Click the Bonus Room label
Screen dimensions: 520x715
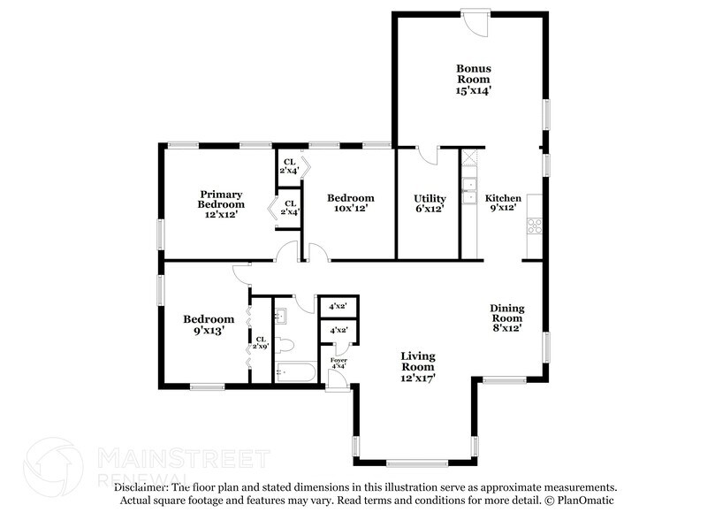click(474, 79)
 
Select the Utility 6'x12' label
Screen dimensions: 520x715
click(430, 203)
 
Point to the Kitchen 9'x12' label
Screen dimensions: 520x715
click(503, 203)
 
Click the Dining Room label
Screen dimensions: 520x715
click(507, 317)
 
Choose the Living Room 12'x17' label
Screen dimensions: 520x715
click(418, 366)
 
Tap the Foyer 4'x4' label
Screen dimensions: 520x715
click(338, 363)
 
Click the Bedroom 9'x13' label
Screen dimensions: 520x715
click(209, 325)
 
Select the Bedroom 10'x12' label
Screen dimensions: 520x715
click(350, 203)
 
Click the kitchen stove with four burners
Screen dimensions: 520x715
click(535, 226)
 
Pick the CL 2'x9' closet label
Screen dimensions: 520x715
click(261, 343)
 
